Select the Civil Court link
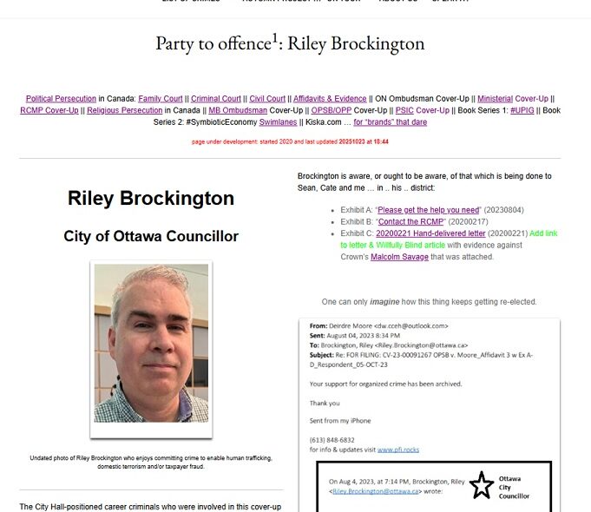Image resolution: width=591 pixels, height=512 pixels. (267, 99)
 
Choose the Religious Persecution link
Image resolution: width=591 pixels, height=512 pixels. (124, 110)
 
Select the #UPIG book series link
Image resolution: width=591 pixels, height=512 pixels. (522, 110)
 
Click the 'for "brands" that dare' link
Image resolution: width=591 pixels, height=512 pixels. (390, 122)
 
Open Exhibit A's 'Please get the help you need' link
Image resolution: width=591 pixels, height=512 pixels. (429, 210)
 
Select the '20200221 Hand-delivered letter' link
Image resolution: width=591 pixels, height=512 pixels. (424, 233)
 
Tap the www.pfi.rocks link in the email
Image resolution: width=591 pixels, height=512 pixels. (398, 450)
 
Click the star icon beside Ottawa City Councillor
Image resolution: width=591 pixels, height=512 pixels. (482, 485)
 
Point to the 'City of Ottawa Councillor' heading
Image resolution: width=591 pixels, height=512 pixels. (151, 236)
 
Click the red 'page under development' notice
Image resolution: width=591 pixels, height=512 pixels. (290, 141)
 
